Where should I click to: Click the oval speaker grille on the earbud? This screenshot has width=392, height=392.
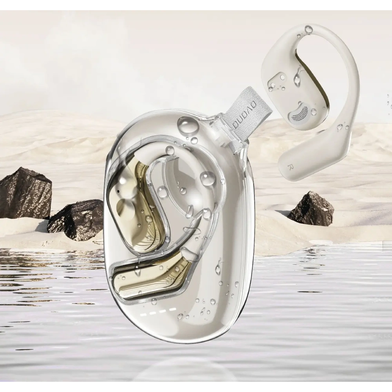(300, 113)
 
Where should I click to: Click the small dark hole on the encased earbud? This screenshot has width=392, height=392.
(118, 192)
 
